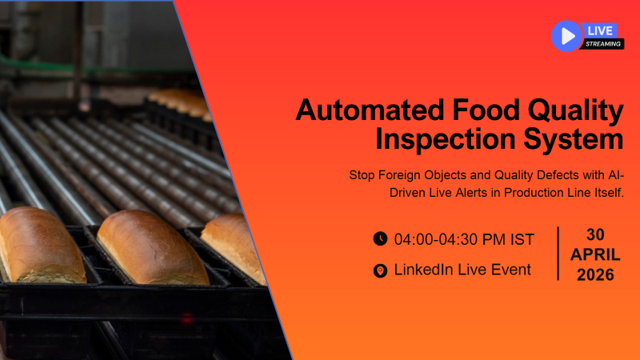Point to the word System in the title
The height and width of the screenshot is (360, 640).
click(575, 139)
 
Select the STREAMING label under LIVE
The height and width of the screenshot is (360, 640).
click(603, 44)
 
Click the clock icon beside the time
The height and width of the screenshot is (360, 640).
click(380, 238)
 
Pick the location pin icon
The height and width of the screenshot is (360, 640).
click(380, 270)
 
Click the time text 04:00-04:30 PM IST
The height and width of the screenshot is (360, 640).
click(464, 238)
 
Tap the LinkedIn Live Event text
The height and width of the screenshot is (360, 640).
click(462, 270)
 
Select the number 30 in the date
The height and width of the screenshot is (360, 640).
click(595, 234)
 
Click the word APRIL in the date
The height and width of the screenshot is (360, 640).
click(595, 255)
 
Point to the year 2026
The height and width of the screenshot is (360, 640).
click(595, 275)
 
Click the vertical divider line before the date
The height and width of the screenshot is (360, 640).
click(558, 253)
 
